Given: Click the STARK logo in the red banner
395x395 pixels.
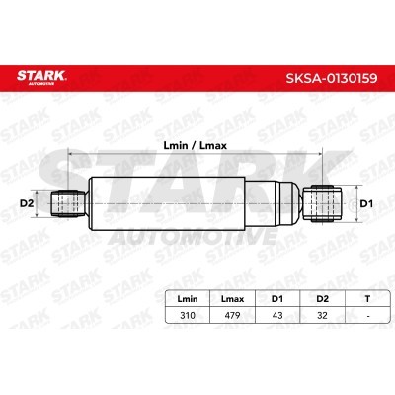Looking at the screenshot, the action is pyautogui.click(x=41, y=77).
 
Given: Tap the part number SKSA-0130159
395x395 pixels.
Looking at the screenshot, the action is pyautogui.click(x=332, y=78).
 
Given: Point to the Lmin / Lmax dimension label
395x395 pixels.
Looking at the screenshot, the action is pyautogui.click(x=196, y=145).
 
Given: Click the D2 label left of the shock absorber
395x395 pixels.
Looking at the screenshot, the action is pyautogui.click(x=27, y=203).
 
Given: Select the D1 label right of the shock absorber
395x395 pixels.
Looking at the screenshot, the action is pyautogui.click(x=366, y=204).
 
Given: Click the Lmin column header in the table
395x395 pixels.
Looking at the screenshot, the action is pyautogui.click(x=188, y=299).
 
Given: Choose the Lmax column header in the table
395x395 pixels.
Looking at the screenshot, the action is pyautogui.click(x=232, y=299).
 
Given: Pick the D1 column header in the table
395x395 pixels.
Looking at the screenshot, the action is pyautogui.click(x=277, y=299).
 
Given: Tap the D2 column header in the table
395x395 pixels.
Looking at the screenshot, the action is pyautogui.click(x=322, y=299).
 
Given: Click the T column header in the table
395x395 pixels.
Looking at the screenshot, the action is pyautogui.click(x=367, y=299).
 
